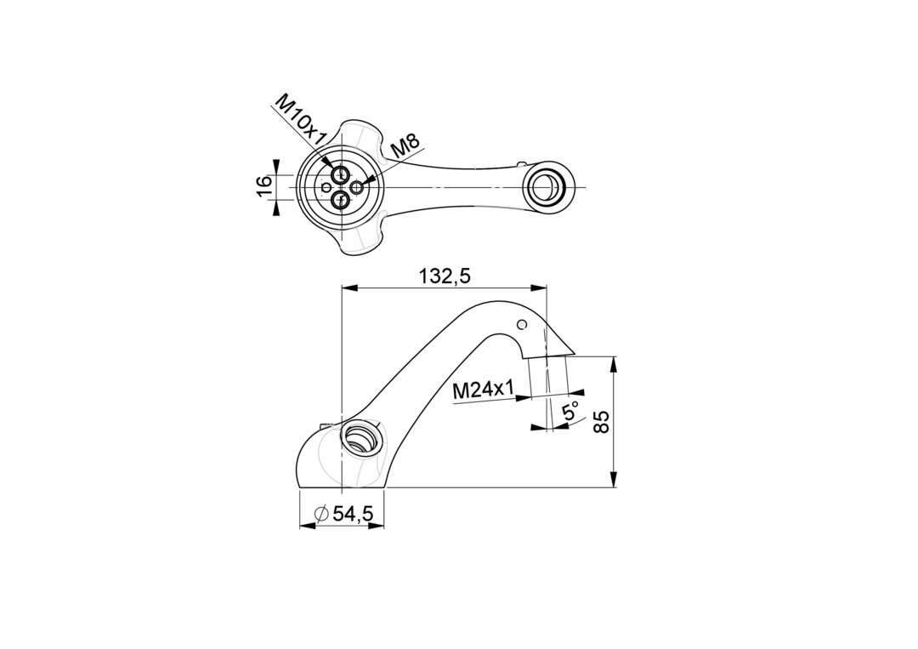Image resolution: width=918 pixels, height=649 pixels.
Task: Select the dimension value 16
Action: (x=264, y=186)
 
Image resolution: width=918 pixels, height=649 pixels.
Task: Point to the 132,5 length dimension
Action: (x=445, y=276)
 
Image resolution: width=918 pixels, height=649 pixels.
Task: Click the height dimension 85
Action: (x=601, y=421)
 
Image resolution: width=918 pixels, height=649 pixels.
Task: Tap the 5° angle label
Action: (x=569, y=411)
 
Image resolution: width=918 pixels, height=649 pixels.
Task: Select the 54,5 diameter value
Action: (x=353, y=514)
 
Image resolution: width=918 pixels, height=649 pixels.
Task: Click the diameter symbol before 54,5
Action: (x=320, y=514)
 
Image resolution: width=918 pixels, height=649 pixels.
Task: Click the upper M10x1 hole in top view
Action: (x=339, y=174)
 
